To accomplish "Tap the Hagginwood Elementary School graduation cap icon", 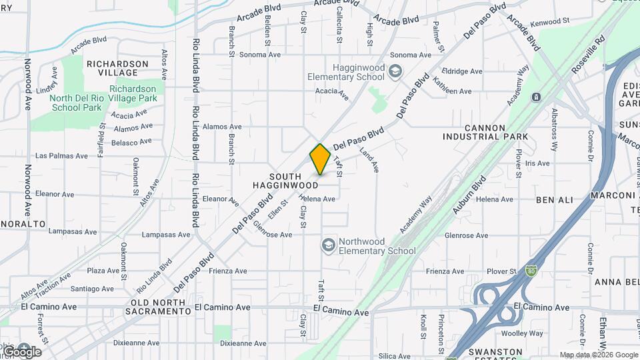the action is [x=395, y=71].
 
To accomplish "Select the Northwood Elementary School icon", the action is [x=328, y=246].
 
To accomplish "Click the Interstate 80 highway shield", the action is [x=531, y=271].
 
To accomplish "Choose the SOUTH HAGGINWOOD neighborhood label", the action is [x=285, y=179].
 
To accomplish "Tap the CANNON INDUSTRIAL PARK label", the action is [x=487, y=132].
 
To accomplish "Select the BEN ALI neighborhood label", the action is [x=553, y=199].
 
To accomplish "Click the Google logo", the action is [x=21, y=351].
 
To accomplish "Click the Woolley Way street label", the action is [x=524, y=333].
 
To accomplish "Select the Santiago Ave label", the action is [x=92, y=289].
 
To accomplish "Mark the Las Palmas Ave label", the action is [x=61, y=156].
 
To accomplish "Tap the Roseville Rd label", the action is [x=591, y=50].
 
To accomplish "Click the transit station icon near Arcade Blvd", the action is [x=536, y=97].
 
